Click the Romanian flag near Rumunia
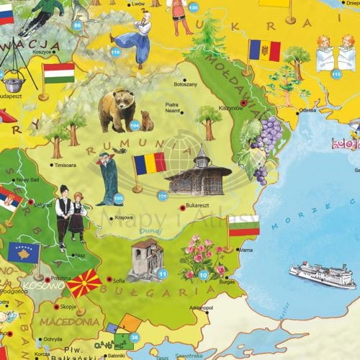(149, 163)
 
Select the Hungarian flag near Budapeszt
(58, 73)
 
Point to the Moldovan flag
(264, 50)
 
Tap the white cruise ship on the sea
(322, 274)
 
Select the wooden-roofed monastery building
(197, 175)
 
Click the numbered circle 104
(134, 125)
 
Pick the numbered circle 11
(163, 274)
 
